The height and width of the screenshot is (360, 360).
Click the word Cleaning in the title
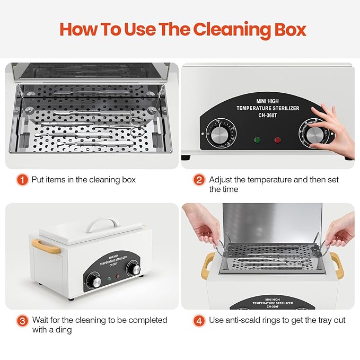(x=231, y=30)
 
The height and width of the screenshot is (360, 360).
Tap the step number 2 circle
(x=199, y=180)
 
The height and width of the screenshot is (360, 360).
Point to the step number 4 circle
(x=199, y=320)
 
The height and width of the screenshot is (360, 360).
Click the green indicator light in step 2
(x=258, y=140)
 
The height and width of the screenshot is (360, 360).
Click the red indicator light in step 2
(x=277, y=140)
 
